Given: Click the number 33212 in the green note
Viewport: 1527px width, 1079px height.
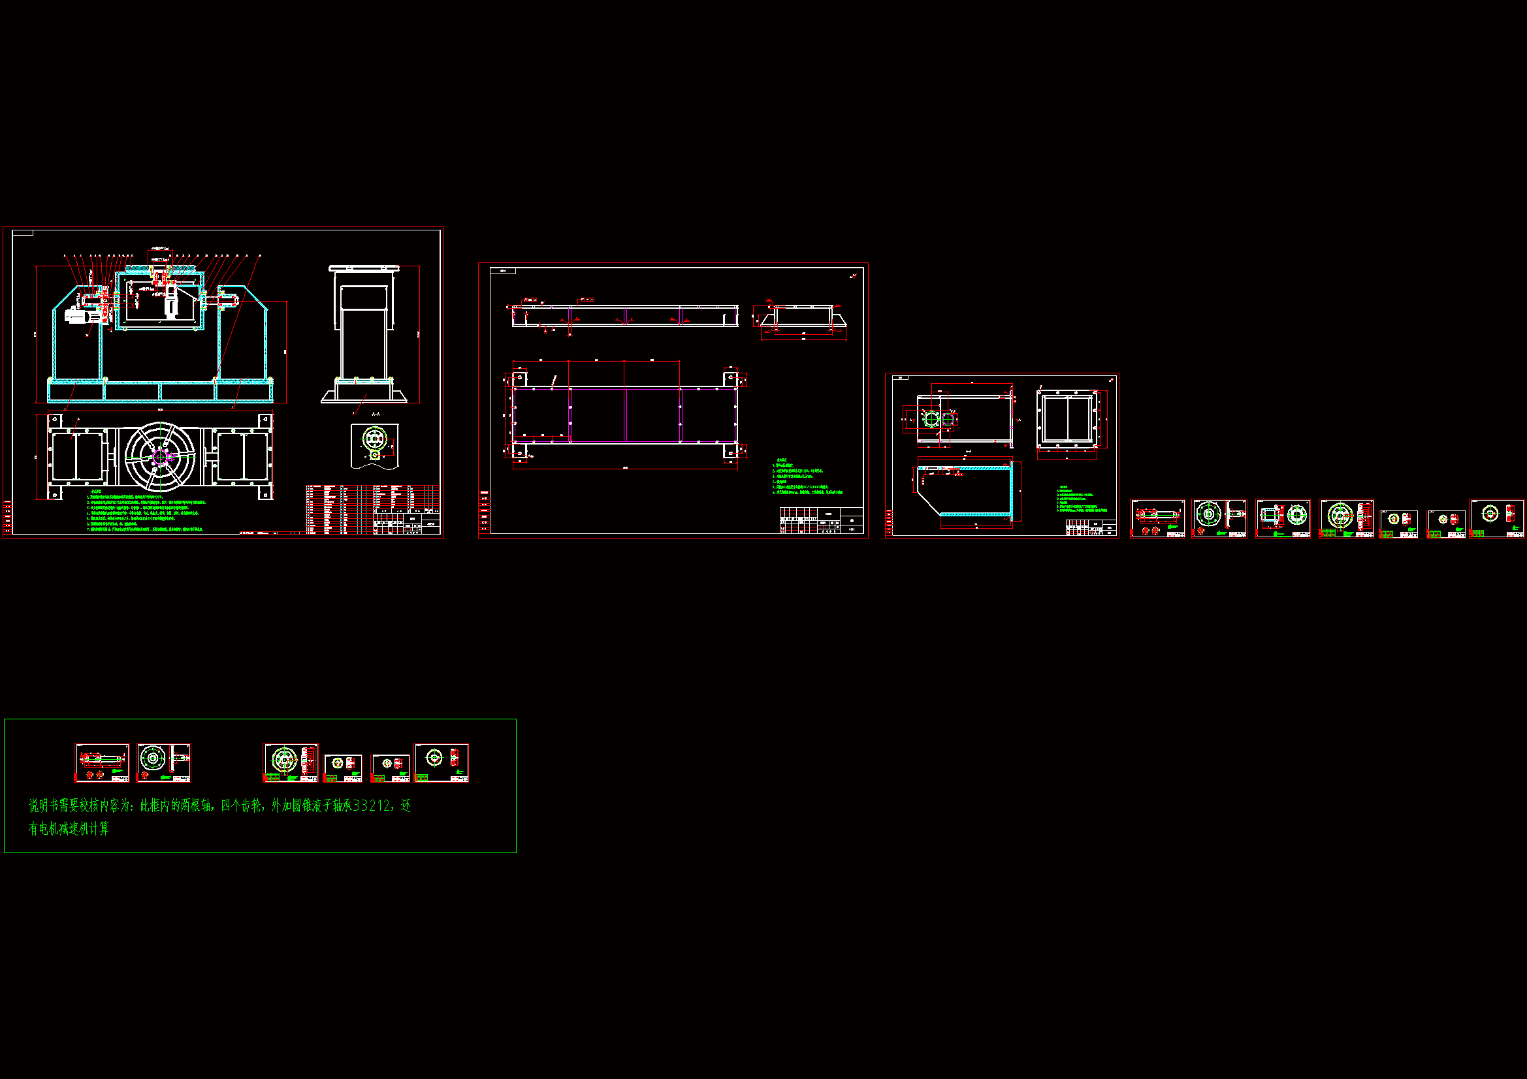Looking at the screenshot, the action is click(372, 805).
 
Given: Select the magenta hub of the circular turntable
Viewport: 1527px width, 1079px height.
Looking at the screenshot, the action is click(160, 457).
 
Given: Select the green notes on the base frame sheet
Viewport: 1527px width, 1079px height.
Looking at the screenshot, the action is click(807, 477).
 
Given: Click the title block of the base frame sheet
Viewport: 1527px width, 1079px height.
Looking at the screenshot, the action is click(822, 520).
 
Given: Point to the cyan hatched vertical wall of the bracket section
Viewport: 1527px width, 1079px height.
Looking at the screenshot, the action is click(1012, 492).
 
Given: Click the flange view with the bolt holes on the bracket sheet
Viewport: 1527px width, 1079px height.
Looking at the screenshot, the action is click(1067, 419).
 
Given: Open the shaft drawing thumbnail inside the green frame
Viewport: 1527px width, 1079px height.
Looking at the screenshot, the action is click(102, 762).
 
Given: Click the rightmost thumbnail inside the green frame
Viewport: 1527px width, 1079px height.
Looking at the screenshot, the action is click(441, 762).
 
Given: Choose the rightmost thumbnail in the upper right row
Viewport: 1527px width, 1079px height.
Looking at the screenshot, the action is click(1496, 518).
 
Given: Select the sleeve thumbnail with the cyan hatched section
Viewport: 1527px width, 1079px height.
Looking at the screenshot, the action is click(1282, 518).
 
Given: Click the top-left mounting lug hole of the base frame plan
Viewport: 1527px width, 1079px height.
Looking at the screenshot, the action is click(519, 379).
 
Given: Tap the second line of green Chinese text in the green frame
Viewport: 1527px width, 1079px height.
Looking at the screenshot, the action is click(69, 829).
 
